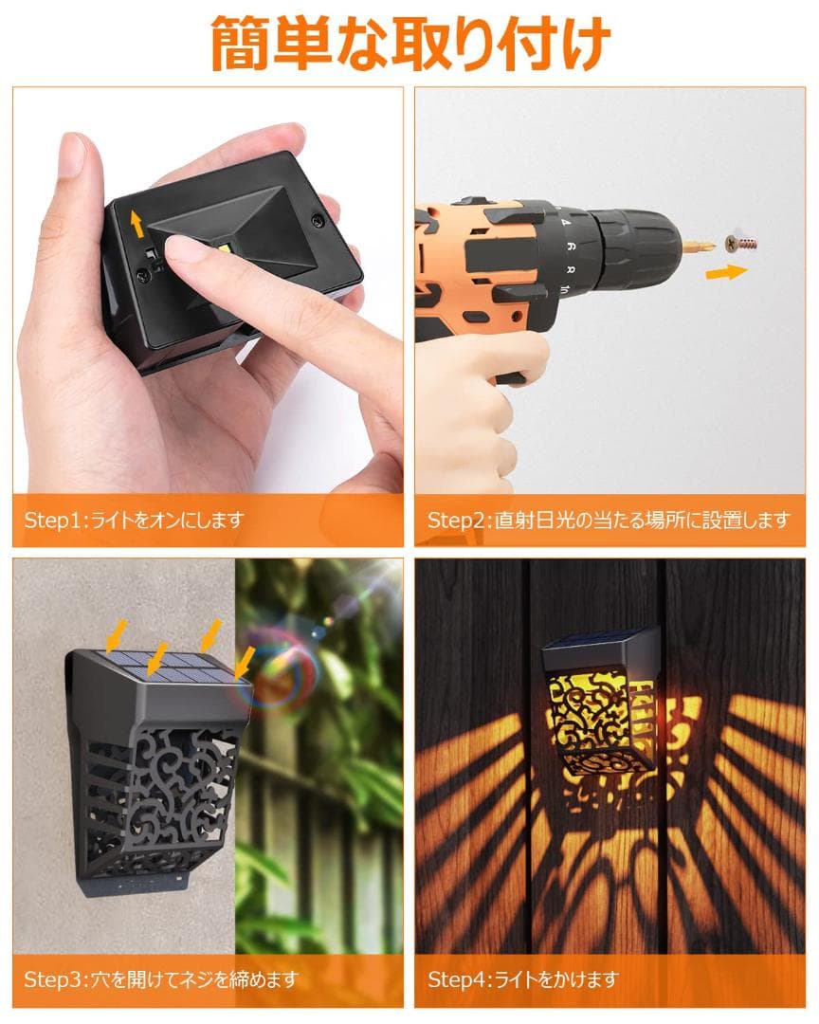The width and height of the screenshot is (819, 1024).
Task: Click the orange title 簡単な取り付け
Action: coord(410,44)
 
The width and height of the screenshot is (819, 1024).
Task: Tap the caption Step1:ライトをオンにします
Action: coord(135,521)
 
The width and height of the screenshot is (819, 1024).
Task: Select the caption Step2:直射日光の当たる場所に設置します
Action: coord(609,521)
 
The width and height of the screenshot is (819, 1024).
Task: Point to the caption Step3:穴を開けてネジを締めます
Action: coord(161,979)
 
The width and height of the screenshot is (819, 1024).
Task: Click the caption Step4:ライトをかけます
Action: coord(523,979)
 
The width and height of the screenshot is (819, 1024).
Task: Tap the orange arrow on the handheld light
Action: coord(136,224)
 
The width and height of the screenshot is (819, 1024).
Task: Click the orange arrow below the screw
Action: coord(726,272)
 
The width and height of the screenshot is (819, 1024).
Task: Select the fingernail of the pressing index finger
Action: coord(180,248)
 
